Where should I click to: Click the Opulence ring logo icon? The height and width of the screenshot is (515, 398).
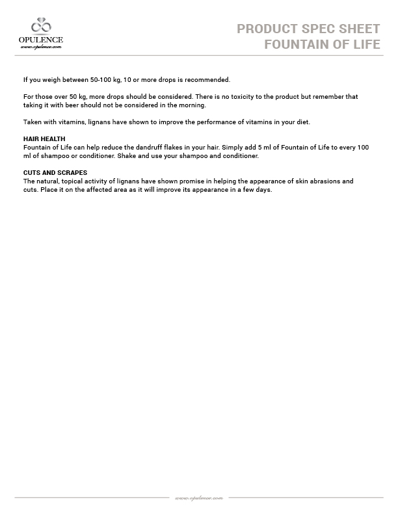pyautogui.click(x=42, y=26)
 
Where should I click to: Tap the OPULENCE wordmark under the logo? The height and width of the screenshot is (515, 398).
pyautogui.click(x=42, y=40)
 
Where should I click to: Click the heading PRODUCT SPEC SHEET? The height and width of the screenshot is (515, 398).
pyautogui.click(x=308, y=29)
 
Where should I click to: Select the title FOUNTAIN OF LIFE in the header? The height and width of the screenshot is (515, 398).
pyautogui.click(x=322, y=44)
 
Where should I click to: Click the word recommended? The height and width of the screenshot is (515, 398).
pyautogui.click(x=204, y=80)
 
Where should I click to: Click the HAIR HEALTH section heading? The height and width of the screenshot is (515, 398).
pyautogui.click(x=44, y=139)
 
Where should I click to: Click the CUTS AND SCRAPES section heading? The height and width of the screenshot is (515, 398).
pyautogui.click(x=55, y=173)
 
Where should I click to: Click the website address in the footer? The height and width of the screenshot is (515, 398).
pyautogui.click(x=199, y=497)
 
